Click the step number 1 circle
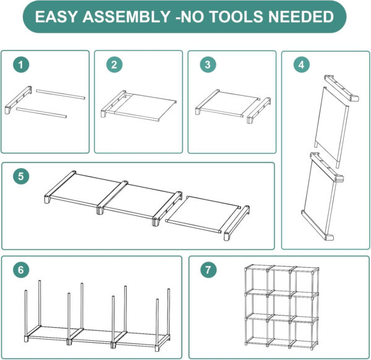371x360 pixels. coord(21,64)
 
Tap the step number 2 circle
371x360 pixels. coord(114,64)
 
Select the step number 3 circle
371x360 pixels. coord(208,64)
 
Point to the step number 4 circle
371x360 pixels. coord(302,64)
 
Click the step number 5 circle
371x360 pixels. coord(21,176)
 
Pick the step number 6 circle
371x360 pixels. coord(21,270)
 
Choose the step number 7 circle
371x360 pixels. coord(208,270)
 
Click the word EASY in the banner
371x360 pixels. coord(56,17)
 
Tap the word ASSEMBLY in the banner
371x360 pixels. coord(126,17)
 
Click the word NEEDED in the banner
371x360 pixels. coord(301,17)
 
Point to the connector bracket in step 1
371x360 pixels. coord(19,100)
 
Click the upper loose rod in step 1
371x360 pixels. coord(61,94)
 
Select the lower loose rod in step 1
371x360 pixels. coord(41,113)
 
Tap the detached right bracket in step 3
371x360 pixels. coord(259,110)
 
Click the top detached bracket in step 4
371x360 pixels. coord(341,88)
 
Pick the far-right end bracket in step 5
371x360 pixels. coord(237,223)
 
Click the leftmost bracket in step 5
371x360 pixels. coord(60,187)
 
